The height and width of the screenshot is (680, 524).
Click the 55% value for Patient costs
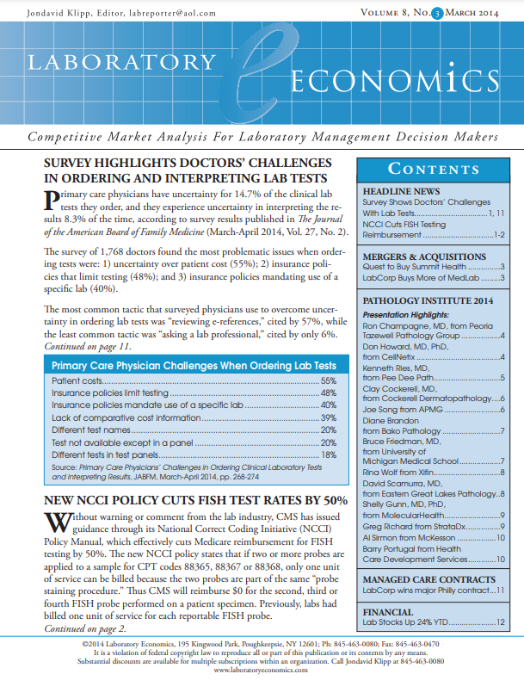click(328, 380)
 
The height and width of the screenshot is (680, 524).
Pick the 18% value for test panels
click(328, 454)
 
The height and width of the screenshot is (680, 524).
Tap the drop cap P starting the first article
click(51, 201)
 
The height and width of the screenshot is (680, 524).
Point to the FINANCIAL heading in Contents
click(388, 610)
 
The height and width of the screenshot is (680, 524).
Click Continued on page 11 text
click(87, 345)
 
